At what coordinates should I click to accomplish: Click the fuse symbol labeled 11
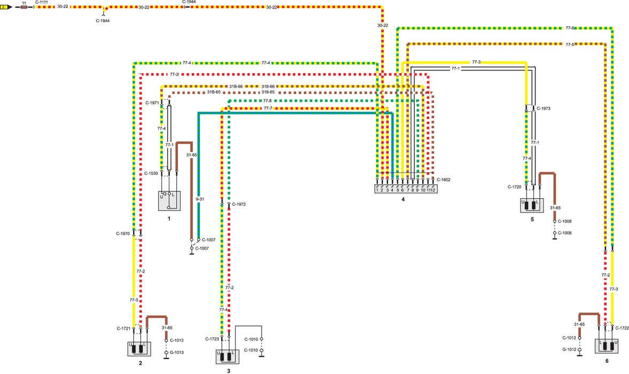(24, 7)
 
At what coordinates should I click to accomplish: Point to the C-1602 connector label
(443, 180)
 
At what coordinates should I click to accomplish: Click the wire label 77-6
(570, 28)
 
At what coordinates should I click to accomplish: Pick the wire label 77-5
(570, 45)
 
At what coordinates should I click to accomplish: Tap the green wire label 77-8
(267, 100)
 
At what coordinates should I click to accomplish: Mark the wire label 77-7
(268, 108)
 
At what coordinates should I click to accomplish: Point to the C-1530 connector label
(151, 174)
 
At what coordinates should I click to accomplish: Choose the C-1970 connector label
(123, 234)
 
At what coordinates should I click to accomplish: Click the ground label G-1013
(177, 353)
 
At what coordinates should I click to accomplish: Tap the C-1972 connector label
(239, 205)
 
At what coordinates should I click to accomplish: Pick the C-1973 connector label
(544, 108)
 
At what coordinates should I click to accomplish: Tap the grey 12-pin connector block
(406, 189)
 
